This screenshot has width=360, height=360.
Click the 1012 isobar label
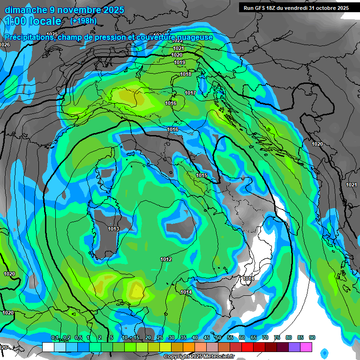pyautogui.click(x=166, y=259)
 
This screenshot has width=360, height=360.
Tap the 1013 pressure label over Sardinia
pyautogui.click(x=113, y=229)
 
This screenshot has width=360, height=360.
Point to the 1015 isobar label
pyautogui.click(x=202, y=175)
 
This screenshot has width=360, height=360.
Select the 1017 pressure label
pyautogui.click(x=190, y=93)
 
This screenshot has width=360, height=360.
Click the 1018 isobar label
pyautogui.click(x=186, y=74)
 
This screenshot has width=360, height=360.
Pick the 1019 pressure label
pyautogui.click(x=180, y=62)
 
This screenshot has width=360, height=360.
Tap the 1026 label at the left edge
pyautogui.click(x=5, y=45)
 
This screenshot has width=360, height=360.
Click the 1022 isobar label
pyautogui.click(x=178, y=41)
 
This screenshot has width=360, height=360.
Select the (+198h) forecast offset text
pyautogui.click(x=83, y=21)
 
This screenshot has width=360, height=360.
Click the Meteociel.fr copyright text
pyautogui.click(x=199, y=357)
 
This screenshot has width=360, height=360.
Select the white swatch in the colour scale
pyautogui.click(x=48, y=347)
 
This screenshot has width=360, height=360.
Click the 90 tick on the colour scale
pyautogui.click(x=312, y=337)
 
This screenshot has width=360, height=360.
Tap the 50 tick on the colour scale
pyautogui.click(x=218, y=337)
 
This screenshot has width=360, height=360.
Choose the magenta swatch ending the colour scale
pyautogui.click(x=306, y=347)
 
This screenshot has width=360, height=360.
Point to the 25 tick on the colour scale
pyautogui.click(x=160, y=337)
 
